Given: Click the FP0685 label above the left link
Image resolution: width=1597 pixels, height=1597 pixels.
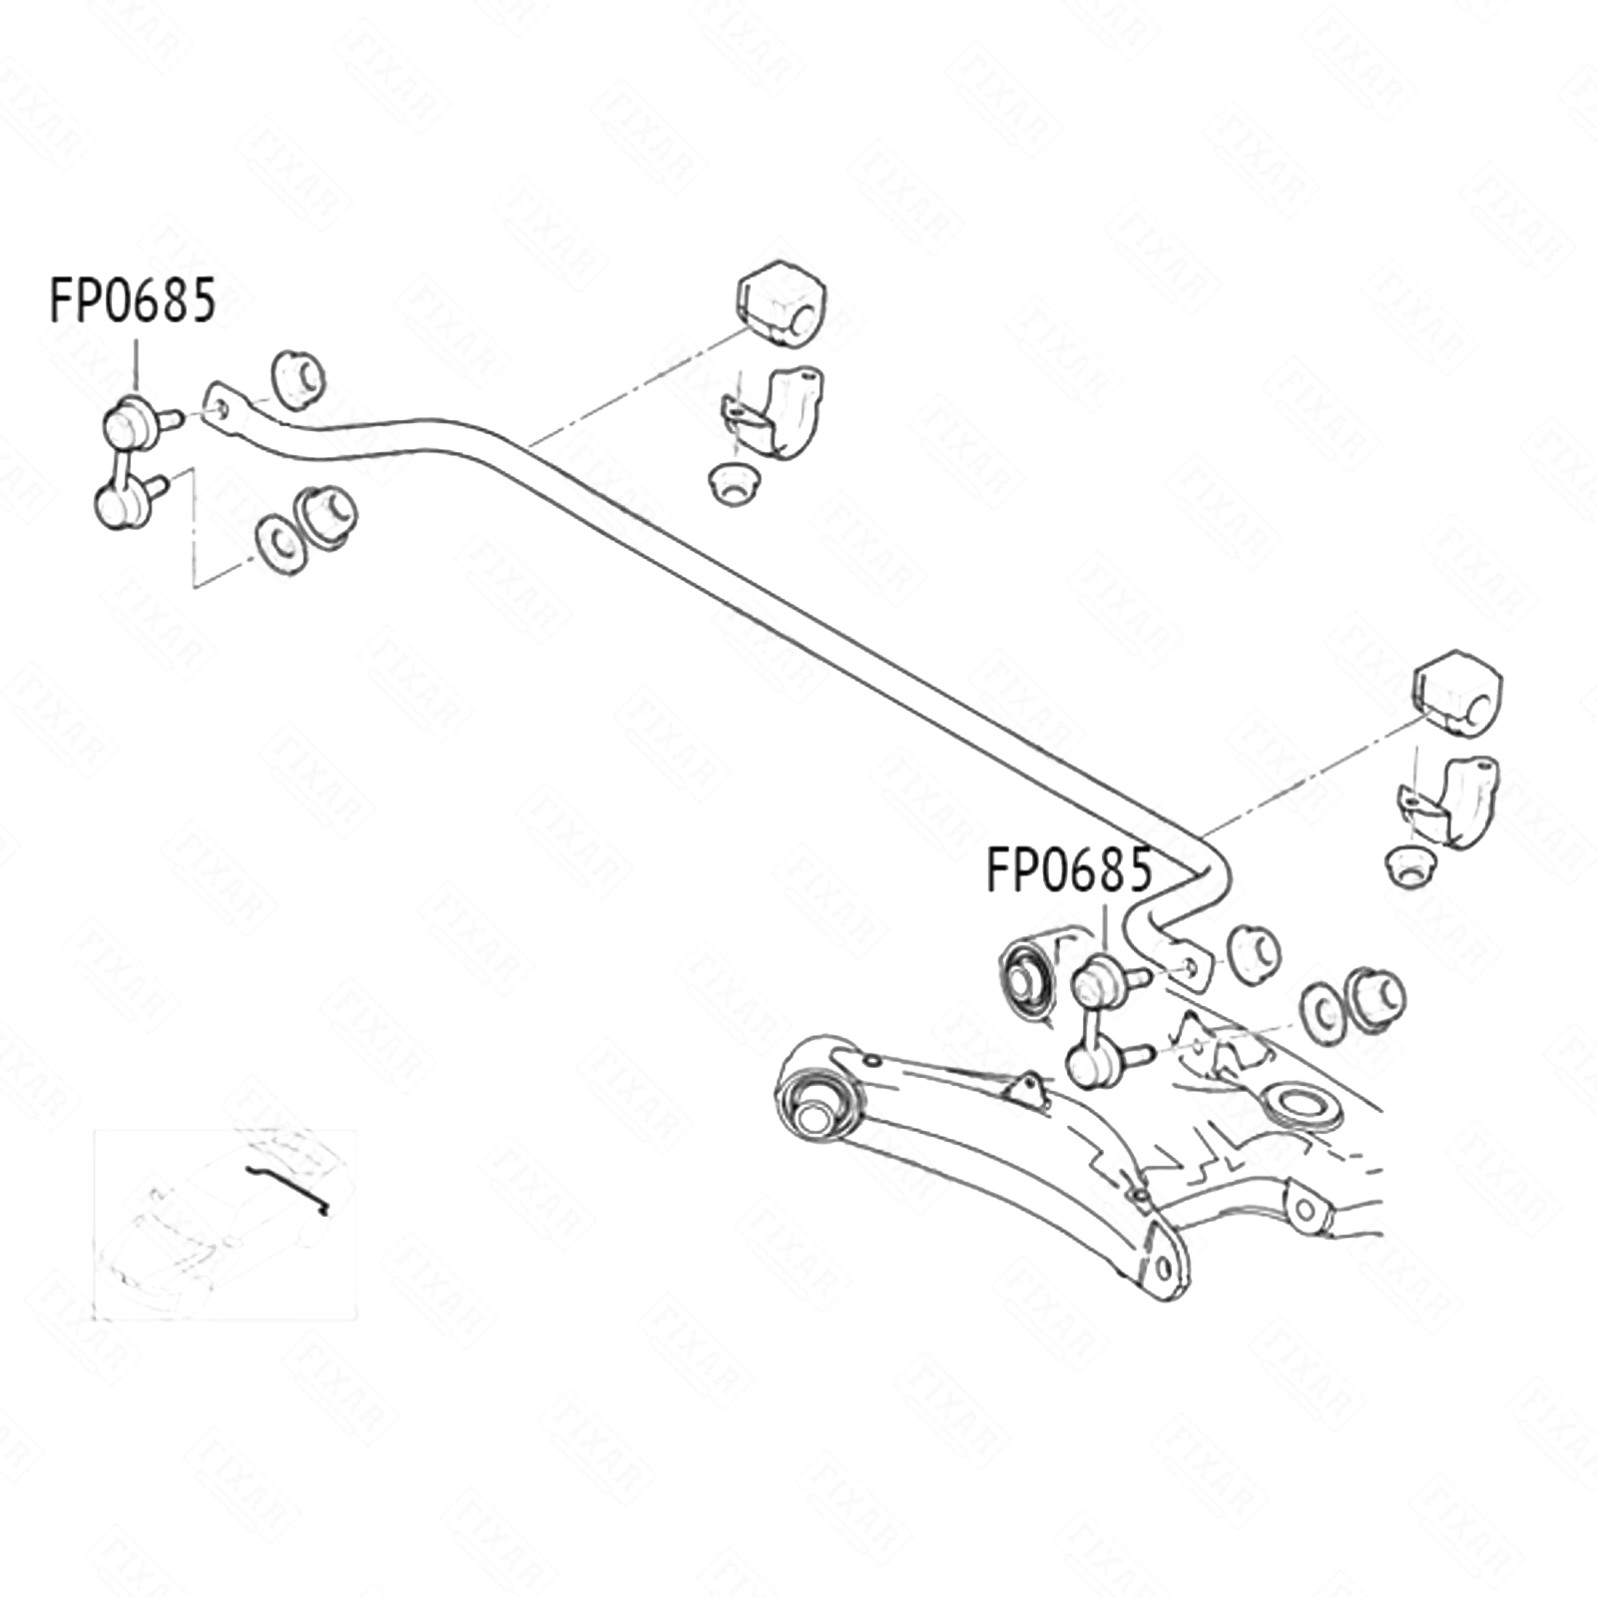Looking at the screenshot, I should click(x=133, y=300).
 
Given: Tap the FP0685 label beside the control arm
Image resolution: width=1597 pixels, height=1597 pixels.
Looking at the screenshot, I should click(x=1069, y=869).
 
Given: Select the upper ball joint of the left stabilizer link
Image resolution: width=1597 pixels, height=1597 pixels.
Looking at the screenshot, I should click(x=128, y=424).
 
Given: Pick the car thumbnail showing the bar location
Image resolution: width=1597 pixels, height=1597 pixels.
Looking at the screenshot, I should click(x=225, y=1224).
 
